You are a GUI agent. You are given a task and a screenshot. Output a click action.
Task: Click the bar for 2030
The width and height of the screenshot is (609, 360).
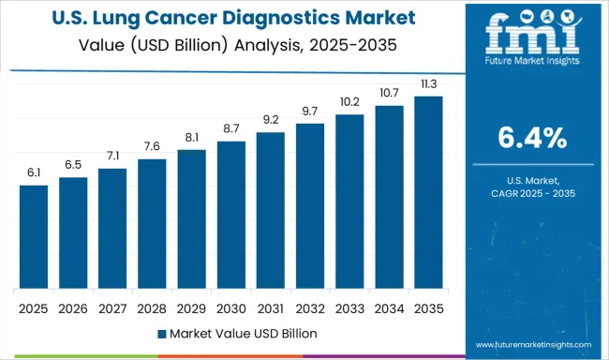point(230,215)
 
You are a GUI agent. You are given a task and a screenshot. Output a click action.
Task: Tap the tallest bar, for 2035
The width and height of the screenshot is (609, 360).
point(428,192)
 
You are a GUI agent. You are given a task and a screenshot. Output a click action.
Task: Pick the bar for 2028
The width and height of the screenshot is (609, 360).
point(152,224)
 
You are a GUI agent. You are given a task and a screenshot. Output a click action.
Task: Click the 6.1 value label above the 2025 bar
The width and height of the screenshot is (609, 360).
point(34,173)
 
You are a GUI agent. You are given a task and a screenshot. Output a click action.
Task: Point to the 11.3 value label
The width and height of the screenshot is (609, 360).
point(428,84)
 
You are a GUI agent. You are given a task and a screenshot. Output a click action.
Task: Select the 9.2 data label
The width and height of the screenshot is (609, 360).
point(270,120)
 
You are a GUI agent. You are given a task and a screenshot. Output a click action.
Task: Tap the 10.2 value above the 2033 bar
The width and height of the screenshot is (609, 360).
point(349,102)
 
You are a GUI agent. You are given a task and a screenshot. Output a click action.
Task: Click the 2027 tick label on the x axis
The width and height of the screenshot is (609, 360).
point(112,307)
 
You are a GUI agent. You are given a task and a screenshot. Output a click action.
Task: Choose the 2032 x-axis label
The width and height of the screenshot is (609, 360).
point(309,307)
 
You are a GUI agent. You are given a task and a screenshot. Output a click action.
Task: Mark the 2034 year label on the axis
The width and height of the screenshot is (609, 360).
point(389,307)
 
